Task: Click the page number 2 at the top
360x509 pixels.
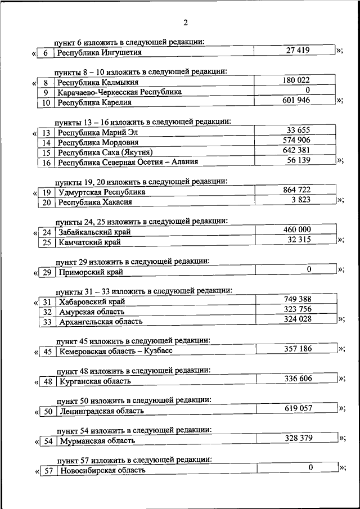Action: coord(184,22)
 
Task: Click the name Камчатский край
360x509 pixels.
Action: coord(90,242)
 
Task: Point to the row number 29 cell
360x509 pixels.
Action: coord(47,273)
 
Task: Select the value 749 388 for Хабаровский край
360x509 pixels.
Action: coord(298,299)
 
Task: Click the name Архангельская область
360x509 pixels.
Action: coord(101,322)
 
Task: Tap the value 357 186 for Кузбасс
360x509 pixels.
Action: coord(298,349)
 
